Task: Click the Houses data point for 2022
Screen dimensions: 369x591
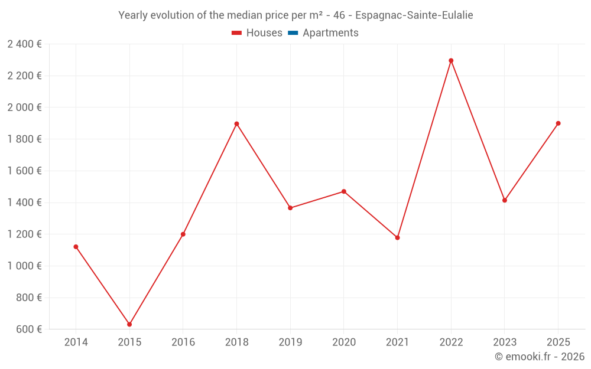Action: coord(451,60)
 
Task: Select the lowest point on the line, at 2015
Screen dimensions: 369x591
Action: coord(129,324)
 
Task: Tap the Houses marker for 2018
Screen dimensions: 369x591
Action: coord(236,124)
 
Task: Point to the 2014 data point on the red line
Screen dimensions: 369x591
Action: coord(76,247)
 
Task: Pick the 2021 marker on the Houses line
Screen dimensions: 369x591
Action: coord(397,237)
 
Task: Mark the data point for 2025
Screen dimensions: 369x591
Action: coord(558,123)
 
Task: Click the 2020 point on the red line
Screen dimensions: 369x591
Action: coord(343,191)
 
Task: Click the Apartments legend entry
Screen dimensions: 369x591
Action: coord(330,33)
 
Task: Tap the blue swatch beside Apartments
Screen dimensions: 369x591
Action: coord(293,33)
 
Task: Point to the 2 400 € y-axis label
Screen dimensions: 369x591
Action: coord(24,44)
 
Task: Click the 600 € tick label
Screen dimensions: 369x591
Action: coord(29,329)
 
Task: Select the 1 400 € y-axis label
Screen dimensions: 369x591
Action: coord(24,203)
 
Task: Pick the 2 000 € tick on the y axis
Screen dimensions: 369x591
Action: coord(24,107)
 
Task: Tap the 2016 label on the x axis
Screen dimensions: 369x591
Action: coord(183,342)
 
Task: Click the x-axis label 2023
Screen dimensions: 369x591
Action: coord(504,342)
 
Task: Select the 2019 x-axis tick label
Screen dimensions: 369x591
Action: coord(290,342)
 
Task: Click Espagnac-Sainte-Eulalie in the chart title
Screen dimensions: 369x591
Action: coord(414,15)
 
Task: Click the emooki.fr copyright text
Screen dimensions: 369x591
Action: coord(540,357)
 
